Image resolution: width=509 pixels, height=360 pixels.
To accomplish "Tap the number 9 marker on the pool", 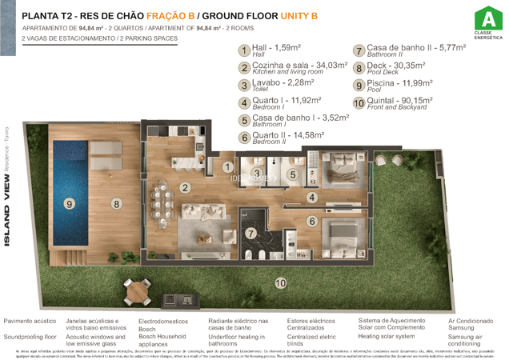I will click(70, 204).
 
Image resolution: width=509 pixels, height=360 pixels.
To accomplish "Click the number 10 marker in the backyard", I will click(280, 282).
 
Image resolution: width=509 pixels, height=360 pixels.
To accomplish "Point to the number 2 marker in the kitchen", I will click(185, 188).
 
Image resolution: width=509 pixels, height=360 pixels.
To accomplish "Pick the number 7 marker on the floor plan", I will click(250, 234).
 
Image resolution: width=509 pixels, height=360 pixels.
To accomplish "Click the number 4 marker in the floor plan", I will click(312, 196).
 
